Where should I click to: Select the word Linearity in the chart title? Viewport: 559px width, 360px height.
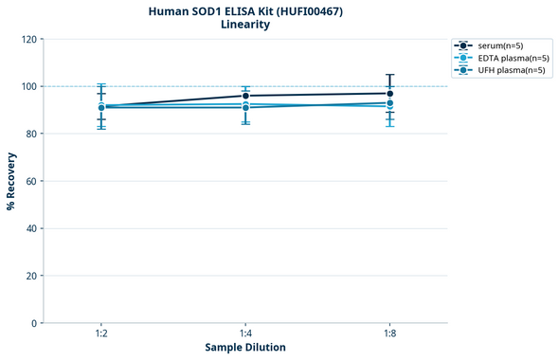(x=245, y=25)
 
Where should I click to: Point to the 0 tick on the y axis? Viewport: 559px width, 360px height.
(x=34, y=323)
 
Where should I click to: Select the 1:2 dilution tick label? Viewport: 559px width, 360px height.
(x=101, y=334)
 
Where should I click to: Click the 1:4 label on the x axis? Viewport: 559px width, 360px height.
(x=245, y=334)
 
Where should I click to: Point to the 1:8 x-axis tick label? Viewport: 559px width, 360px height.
(x=389, y=334)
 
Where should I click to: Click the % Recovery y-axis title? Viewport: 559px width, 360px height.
(x=11, y=181)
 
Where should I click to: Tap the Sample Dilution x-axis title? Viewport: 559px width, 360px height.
(x=245, y=348)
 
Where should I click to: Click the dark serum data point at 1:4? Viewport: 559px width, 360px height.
(x=245, y=96)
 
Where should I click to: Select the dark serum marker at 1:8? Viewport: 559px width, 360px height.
(x=389, y=93)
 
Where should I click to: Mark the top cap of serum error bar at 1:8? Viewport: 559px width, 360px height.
(x=389, y=75)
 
